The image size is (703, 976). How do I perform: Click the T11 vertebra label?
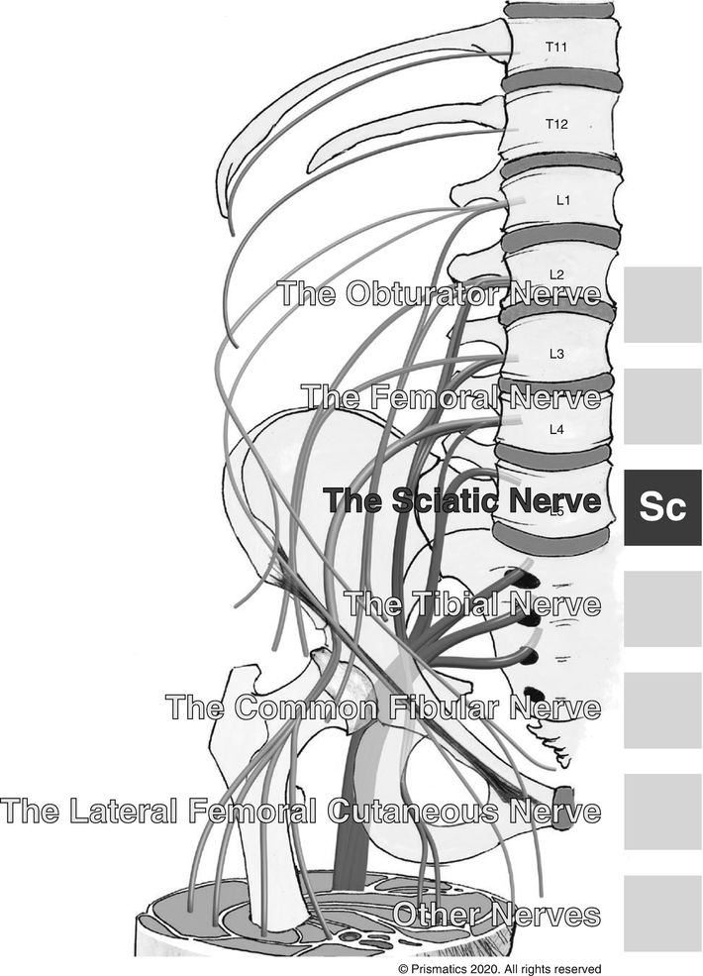556,47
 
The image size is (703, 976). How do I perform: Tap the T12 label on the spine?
556,124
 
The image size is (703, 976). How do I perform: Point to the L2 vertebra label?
556,274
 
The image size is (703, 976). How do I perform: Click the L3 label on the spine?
556,353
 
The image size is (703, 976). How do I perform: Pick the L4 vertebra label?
556,429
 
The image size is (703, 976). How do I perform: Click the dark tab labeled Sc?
662,506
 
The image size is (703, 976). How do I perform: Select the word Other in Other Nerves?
435,914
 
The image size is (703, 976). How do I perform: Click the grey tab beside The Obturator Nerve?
662,304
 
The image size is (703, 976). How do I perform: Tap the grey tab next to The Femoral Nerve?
662,406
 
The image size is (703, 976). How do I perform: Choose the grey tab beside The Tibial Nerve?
662,608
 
